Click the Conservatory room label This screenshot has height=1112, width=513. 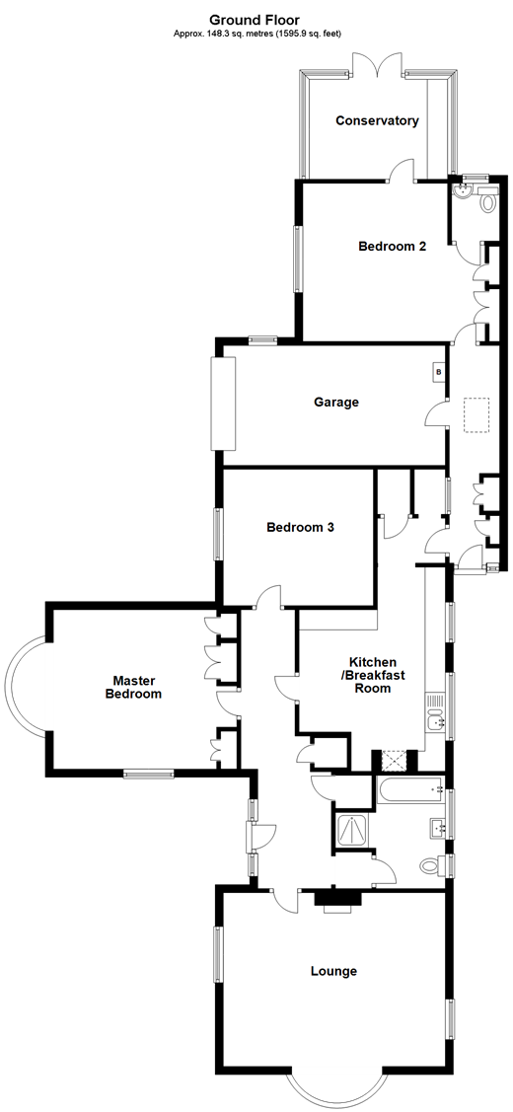pyautogui.click(x=377, y=121)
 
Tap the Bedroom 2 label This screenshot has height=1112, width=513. pyautogui.click(x=392, y=247)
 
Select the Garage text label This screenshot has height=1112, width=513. pyautogui.click(x=336, y=403)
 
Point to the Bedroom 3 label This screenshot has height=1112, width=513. pyautogui.click(x=300, y=528)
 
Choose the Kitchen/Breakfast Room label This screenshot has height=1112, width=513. pyautogui.click(x=372, y=675)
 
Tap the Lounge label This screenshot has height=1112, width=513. pyautogui.click(x=333, y=972)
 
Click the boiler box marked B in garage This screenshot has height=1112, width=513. pyautogui.click(x=439, y=372)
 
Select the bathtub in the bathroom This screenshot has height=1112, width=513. pyautogui.click(x=410, y=789)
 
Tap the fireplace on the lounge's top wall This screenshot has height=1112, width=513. pyautogui.click(x=336, y=900)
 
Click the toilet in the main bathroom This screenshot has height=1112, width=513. pyautogui.click(x=430, y=865)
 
